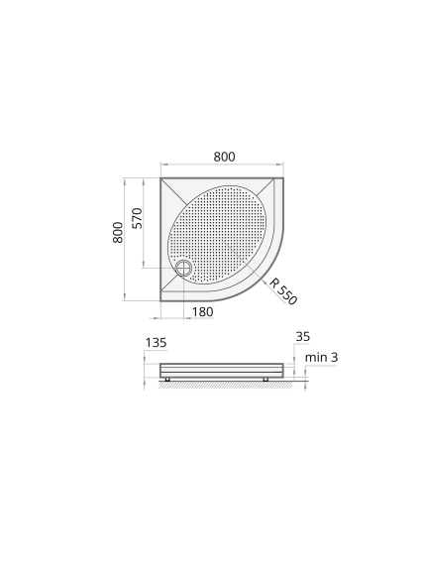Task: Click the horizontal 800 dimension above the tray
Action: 224,157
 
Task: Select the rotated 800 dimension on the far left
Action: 118,233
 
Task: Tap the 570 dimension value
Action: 138,218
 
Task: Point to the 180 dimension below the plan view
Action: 202,312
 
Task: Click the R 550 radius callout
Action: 283,291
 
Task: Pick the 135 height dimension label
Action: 156,343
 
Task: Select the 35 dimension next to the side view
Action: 303,336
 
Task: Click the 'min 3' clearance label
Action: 322,358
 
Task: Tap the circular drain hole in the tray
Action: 183,268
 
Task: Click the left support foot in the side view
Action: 167,380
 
